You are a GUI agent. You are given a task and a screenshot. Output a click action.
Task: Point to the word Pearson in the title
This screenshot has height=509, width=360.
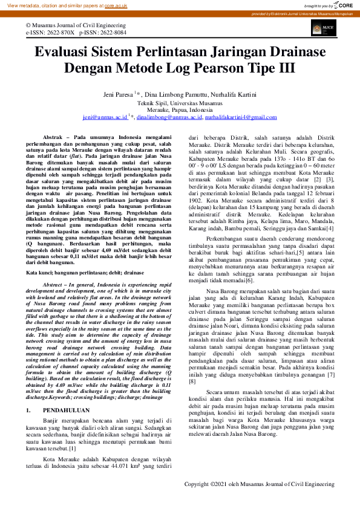pos(229,68)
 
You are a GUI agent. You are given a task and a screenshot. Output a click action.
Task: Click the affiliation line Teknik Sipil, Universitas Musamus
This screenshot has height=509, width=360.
pos(180,103)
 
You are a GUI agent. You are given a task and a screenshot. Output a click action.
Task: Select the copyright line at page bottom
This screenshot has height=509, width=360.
pos(260,484)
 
